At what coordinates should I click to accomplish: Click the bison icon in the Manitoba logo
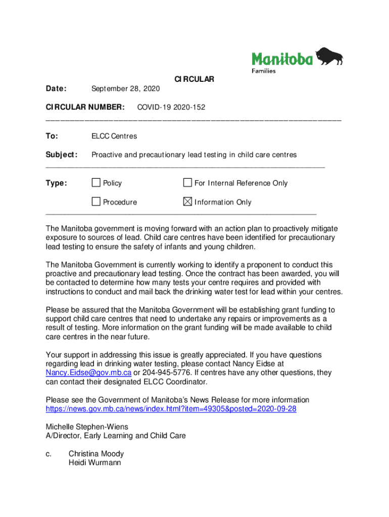pyautogui.click(x=329, y=56)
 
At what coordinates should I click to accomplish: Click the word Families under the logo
pyautogui.click(x=264, y=71)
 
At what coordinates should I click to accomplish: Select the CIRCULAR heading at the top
pyautogui.click(x=194, y=79)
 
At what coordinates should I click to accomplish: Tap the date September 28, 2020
pyautogui.click(x=125, y=89)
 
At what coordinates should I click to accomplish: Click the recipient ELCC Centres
pyautogui.click(x=114, y=136)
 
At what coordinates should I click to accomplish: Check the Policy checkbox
pyautogui.click(x=96, y=183)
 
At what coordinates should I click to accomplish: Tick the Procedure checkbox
pyautogui.click(x=96, y=202)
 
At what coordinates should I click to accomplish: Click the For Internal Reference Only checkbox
pyautogui.click(x=187, y=183)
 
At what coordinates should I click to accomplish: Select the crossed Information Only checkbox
pyautogui.click(x=187, y=202)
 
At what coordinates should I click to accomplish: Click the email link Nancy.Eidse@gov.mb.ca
pyautogui.click(x=88, y=373)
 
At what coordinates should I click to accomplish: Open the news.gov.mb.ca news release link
pyautogui.click(x=171, y=408)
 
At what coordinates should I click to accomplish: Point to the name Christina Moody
pyautogui.click(x=96, y=453)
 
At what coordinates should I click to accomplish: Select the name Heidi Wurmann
pyautogui.click(x=94, y=462)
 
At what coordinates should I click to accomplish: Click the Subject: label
pyautogui.click(x=62, y=154)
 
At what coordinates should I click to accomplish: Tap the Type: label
pyautogui.click(x=56, y=183)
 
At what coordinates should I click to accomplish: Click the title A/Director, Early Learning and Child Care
pyautogui.click(x=116, y=435)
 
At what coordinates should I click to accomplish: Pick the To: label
pyautogui.click(x=52, y=136)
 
